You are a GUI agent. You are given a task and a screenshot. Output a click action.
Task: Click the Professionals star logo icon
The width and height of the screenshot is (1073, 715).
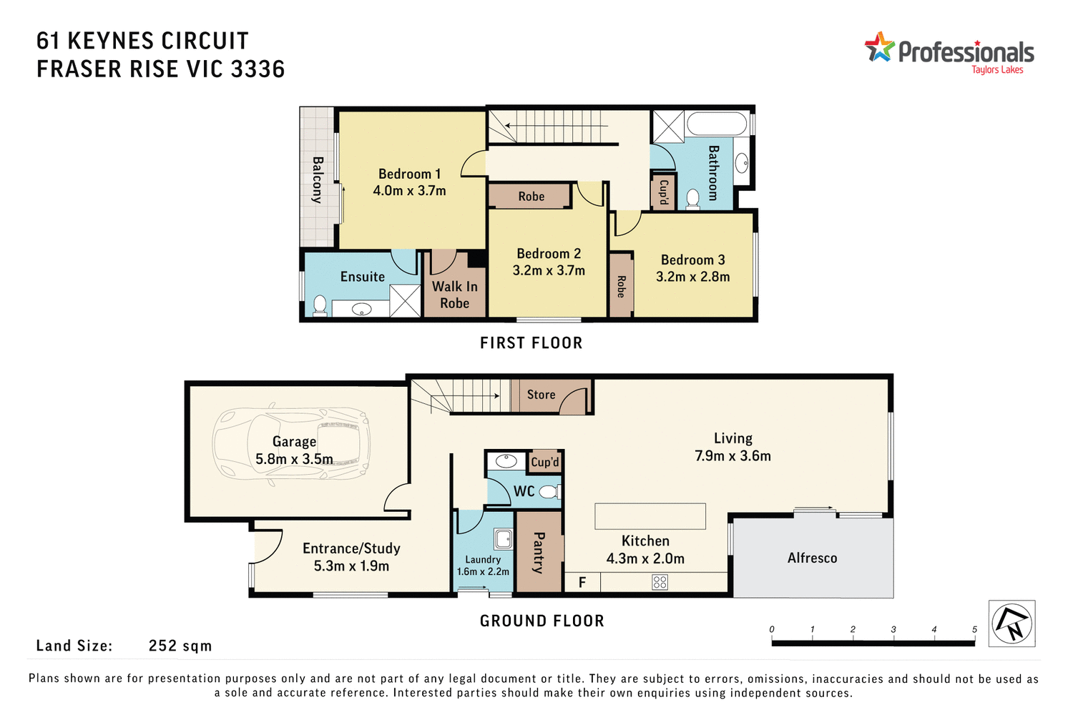point(880,47)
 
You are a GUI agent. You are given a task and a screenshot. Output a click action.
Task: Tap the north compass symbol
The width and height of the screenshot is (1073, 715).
point(1012,623)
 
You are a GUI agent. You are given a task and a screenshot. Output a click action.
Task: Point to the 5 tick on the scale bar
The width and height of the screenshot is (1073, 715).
point(974,630)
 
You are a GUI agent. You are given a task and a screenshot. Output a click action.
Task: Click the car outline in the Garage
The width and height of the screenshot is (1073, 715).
point(291,448)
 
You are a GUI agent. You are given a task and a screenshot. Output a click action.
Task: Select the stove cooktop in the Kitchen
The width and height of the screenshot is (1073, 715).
point(660,582)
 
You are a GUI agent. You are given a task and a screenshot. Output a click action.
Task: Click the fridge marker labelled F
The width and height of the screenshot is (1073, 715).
point(582,583)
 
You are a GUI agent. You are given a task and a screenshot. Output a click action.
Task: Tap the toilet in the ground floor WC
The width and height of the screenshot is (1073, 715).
point(549,492)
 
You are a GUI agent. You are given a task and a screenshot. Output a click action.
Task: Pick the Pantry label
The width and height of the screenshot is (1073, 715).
point(539,552)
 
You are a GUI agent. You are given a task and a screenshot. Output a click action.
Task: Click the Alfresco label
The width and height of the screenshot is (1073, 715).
point(812,558)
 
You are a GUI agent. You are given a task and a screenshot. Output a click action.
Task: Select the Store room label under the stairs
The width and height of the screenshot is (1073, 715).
point(541,395)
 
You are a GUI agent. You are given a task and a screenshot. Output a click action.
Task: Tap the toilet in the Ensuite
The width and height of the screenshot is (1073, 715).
point(320,305)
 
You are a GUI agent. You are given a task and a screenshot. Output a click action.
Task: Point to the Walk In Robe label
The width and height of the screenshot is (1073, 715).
point(454,295)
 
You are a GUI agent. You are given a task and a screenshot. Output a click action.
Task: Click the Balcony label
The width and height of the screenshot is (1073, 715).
point(318,179)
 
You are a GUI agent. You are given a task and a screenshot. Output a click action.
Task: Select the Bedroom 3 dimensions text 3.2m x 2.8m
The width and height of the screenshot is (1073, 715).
point(692,277)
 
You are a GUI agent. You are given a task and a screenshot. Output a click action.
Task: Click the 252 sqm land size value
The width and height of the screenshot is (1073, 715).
point(180,646)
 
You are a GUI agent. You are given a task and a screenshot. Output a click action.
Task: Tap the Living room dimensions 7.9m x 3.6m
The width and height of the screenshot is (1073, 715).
point(733,456)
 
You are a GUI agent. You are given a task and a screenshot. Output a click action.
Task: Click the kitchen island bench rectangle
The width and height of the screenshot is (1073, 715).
point(650,516)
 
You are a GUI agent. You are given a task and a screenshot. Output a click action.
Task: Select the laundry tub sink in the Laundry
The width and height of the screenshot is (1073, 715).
point(503,538)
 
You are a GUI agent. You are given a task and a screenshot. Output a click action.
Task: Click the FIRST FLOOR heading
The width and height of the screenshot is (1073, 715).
point(531,343)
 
